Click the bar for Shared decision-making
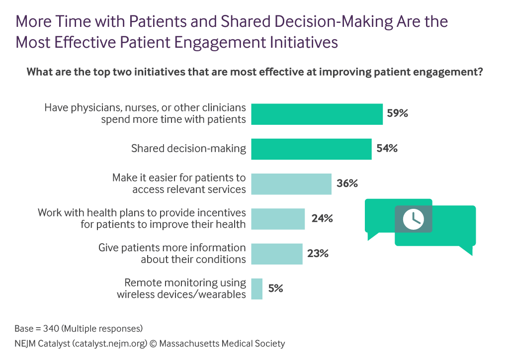coord(311,149)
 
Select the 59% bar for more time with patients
coord(317,114)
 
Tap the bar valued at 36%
coord(291,183)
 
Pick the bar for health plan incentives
coord(278,219)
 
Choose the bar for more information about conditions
coord(277,254)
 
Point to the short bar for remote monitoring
coord(257,288)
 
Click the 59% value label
coord(398,113)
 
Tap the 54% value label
coord(387,148)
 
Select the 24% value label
coord(322,218)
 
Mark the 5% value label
coord(275,288)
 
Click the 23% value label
coord(318,253)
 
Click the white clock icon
coord(413,219)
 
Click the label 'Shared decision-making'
coord(188,148)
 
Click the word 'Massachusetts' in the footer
coord(191,344)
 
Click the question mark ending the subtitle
coord(480,72)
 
